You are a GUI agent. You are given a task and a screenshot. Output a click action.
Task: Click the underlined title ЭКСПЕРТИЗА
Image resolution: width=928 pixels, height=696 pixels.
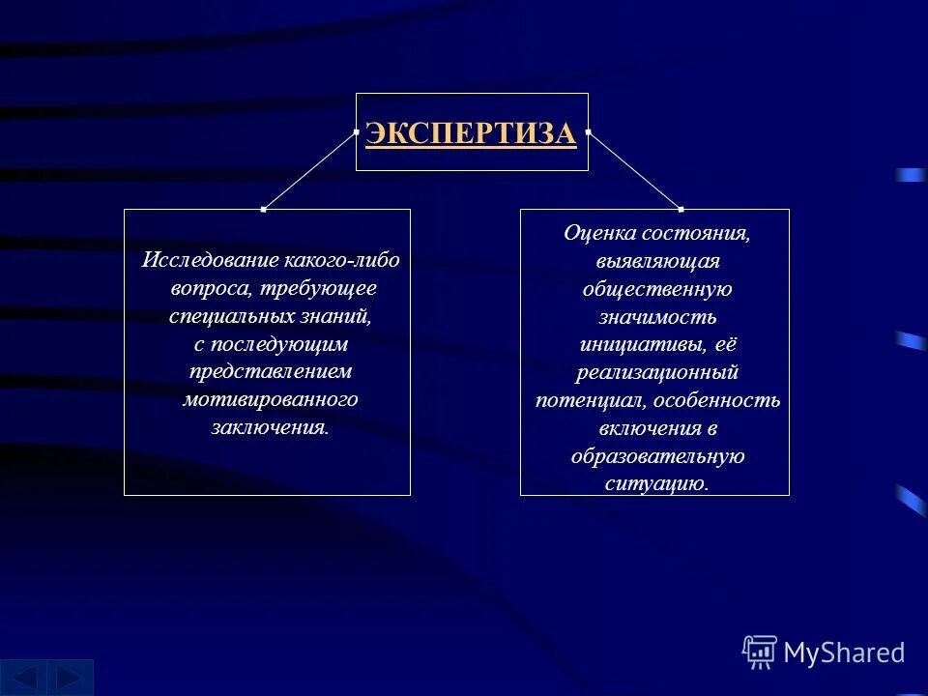471,134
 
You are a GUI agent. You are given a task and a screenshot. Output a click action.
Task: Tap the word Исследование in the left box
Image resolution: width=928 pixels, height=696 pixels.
212,261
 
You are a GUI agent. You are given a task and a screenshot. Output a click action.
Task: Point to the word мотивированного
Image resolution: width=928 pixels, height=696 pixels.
270,399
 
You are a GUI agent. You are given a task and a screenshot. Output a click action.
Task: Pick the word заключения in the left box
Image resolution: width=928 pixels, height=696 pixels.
268,427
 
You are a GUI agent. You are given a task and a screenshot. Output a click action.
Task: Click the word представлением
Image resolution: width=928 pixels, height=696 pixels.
270,371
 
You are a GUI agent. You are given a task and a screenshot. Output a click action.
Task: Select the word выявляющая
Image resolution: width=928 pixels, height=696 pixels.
657,261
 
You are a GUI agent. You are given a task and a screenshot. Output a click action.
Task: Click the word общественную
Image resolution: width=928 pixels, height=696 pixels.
657,289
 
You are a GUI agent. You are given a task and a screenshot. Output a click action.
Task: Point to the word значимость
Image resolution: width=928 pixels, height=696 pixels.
657,316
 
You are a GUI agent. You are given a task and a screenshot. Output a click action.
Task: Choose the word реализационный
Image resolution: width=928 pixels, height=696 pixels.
657,371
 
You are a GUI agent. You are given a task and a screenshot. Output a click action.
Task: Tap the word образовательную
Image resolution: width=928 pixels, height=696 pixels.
657,455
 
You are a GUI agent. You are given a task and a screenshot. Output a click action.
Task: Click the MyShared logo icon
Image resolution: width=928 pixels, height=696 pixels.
760,652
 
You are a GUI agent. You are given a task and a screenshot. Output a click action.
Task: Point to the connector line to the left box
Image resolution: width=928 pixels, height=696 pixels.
309,169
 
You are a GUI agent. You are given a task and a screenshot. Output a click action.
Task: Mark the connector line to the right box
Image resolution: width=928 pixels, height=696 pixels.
634,169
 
